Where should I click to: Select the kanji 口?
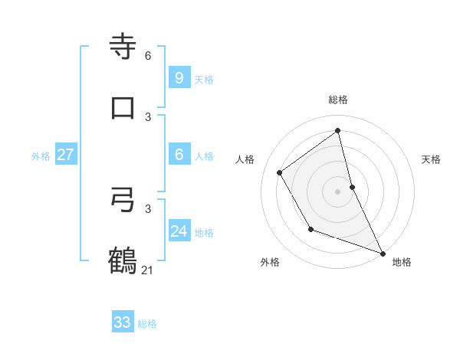tap(123, 107)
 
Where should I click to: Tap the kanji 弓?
tap(123, 200)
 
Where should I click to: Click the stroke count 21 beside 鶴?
tap(148, 270)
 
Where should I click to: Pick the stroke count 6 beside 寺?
tap(148, 56)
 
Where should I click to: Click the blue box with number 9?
tap(179, 77)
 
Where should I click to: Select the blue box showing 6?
tap(179, 155)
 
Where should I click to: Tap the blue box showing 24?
tap(179, 231)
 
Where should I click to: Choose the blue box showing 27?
tap(65, 155)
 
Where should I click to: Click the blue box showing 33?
tap(123, 322)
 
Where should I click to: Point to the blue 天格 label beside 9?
tap(204, 80)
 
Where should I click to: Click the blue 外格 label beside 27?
tap(41, 156)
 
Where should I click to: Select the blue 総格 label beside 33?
tap(147, 324)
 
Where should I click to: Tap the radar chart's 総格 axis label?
tap(338, 100)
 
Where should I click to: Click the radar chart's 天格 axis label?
tap(431, 159)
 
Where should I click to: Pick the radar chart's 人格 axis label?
tap(245, 159)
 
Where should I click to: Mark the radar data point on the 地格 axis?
tap(383, 253)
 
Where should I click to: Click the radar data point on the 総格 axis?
tap(338, 130)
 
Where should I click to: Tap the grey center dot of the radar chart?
tap(338, 191)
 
